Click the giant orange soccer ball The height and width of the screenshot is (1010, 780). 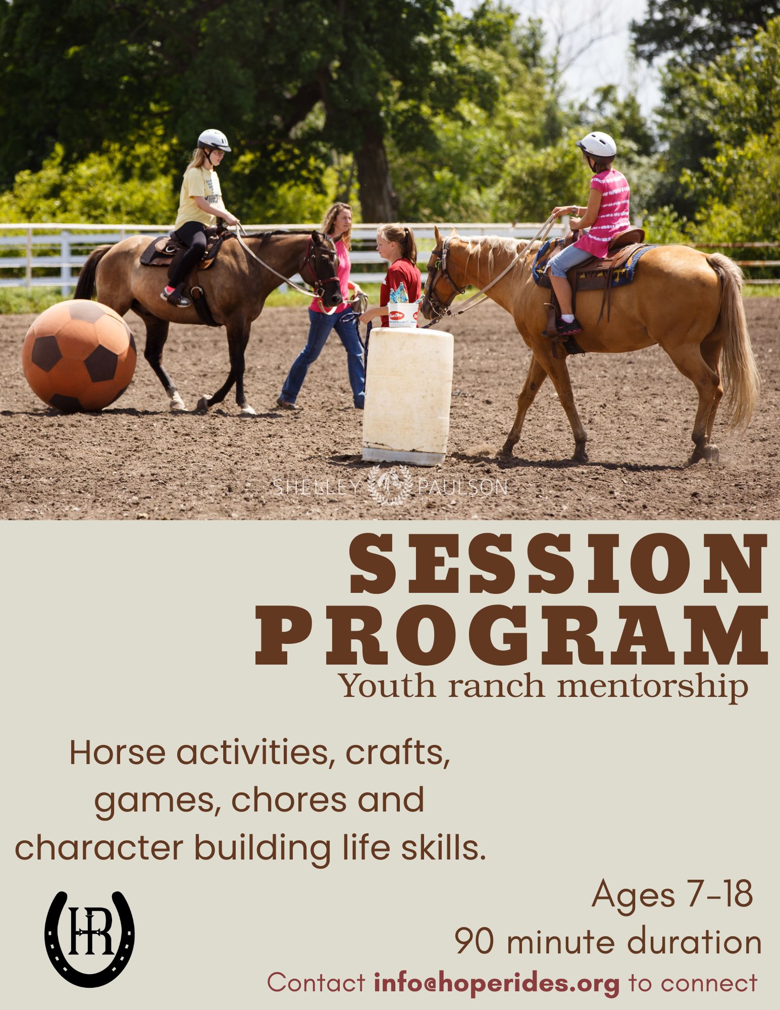(79, 355)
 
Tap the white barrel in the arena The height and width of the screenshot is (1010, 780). (408, 395)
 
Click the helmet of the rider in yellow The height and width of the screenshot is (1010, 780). (214, 140)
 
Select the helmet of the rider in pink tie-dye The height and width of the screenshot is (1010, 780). (597, 144)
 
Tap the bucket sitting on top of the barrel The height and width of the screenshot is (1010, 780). (404, 314)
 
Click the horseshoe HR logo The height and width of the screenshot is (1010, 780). (90, 938)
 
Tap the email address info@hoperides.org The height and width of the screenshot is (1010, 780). (497, 982)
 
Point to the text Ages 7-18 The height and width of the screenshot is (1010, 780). (672, 893)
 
